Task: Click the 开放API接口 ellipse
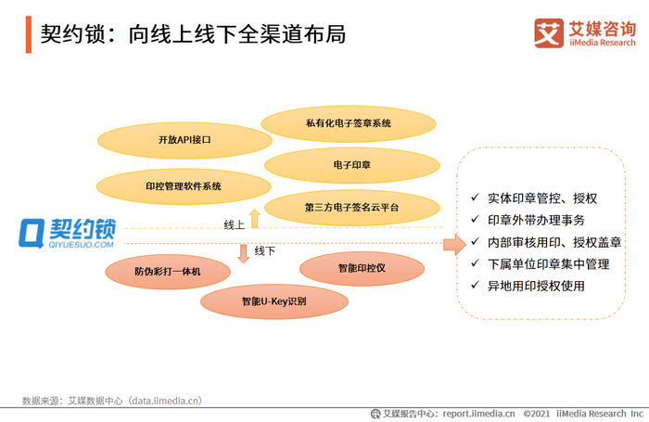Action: pos(185,139)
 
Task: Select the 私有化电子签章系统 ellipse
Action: pos(349,123)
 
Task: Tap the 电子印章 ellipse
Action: pos(351,165)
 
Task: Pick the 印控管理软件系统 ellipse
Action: pos(184,186)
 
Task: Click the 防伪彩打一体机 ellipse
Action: pos(167,271)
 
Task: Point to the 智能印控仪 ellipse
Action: pos(361,269)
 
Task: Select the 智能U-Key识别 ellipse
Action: pos(274,301)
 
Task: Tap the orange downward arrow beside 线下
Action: pos(243,252)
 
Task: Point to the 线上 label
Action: pos(234,224)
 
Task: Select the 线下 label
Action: pos(264,251)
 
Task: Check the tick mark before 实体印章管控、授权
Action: pos(475,198)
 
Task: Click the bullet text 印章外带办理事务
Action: pos(536,220)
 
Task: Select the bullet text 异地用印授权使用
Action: pos(536,286)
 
